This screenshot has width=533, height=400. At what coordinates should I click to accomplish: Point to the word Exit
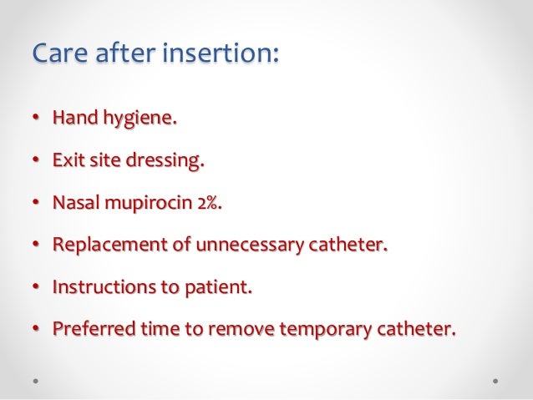(68, 161)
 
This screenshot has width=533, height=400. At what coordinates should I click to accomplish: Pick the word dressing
(164, 161)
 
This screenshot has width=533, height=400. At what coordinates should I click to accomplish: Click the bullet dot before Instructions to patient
(36, 288)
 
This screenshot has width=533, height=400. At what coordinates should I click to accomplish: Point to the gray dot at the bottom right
(495, 381)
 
